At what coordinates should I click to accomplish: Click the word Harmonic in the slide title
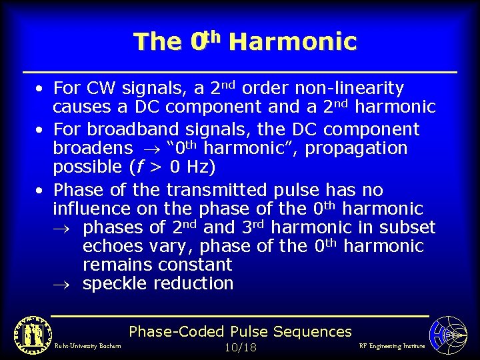tap(292, 42)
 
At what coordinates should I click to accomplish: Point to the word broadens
tap(93, 148)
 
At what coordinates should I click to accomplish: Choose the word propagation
tap(355, 148)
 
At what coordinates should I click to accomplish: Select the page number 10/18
tap(240, 347)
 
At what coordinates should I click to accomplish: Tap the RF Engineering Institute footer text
tap(391, 346)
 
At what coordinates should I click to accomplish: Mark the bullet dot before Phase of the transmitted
tap(41, 191)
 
